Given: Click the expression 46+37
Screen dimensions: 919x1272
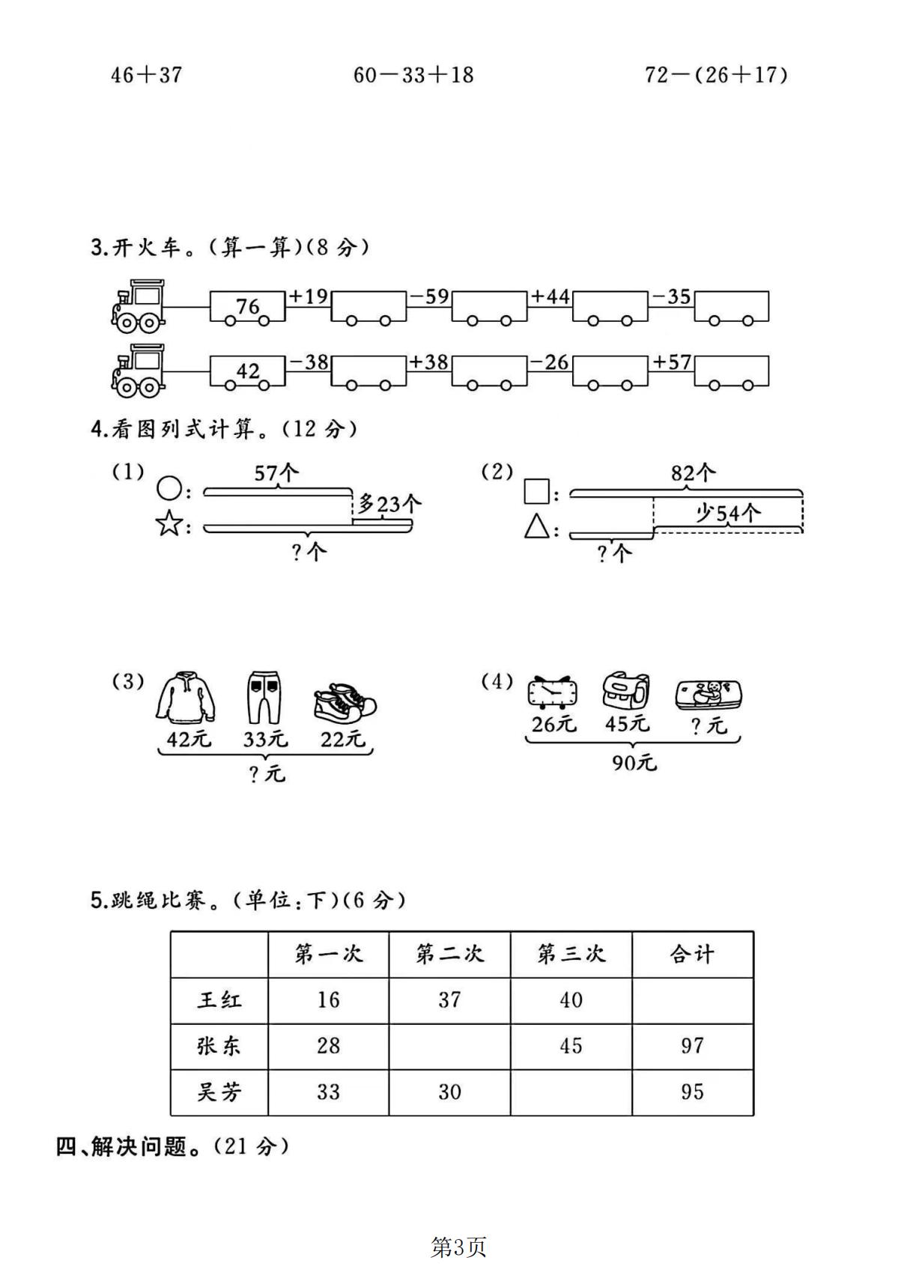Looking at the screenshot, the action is pos(146,74).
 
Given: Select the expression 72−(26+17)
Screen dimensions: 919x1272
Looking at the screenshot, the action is pos(716,74).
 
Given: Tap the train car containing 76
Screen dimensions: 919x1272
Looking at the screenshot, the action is pos(247,308).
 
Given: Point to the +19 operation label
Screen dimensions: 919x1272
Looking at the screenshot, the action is pos(309,296).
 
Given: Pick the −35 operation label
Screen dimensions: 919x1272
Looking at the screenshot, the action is pos(671,296).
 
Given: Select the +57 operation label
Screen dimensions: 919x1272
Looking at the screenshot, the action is pos(672,362).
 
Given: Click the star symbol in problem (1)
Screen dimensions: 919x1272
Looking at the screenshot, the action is pos(169,523).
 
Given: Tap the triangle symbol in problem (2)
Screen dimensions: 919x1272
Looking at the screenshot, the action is pos(536,526).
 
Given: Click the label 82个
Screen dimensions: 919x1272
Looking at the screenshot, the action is pos(693,472).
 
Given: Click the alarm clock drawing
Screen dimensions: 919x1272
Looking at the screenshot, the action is pos(552,693).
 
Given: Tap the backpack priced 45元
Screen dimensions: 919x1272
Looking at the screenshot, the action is pos(626,690).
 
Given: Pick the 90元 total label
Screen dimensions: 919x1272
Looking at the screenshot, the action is pos(634,763).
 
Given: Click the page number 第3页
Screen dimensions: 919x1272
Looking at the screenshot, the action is pos(458,1247).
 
